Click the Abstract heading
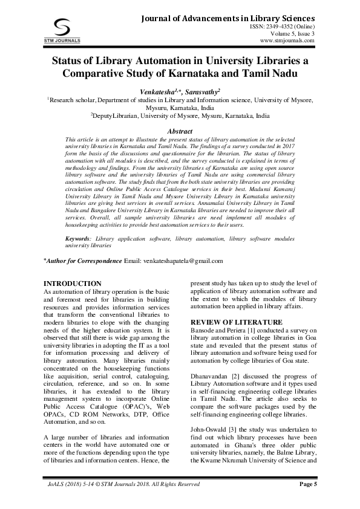(x=180, y=131)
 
